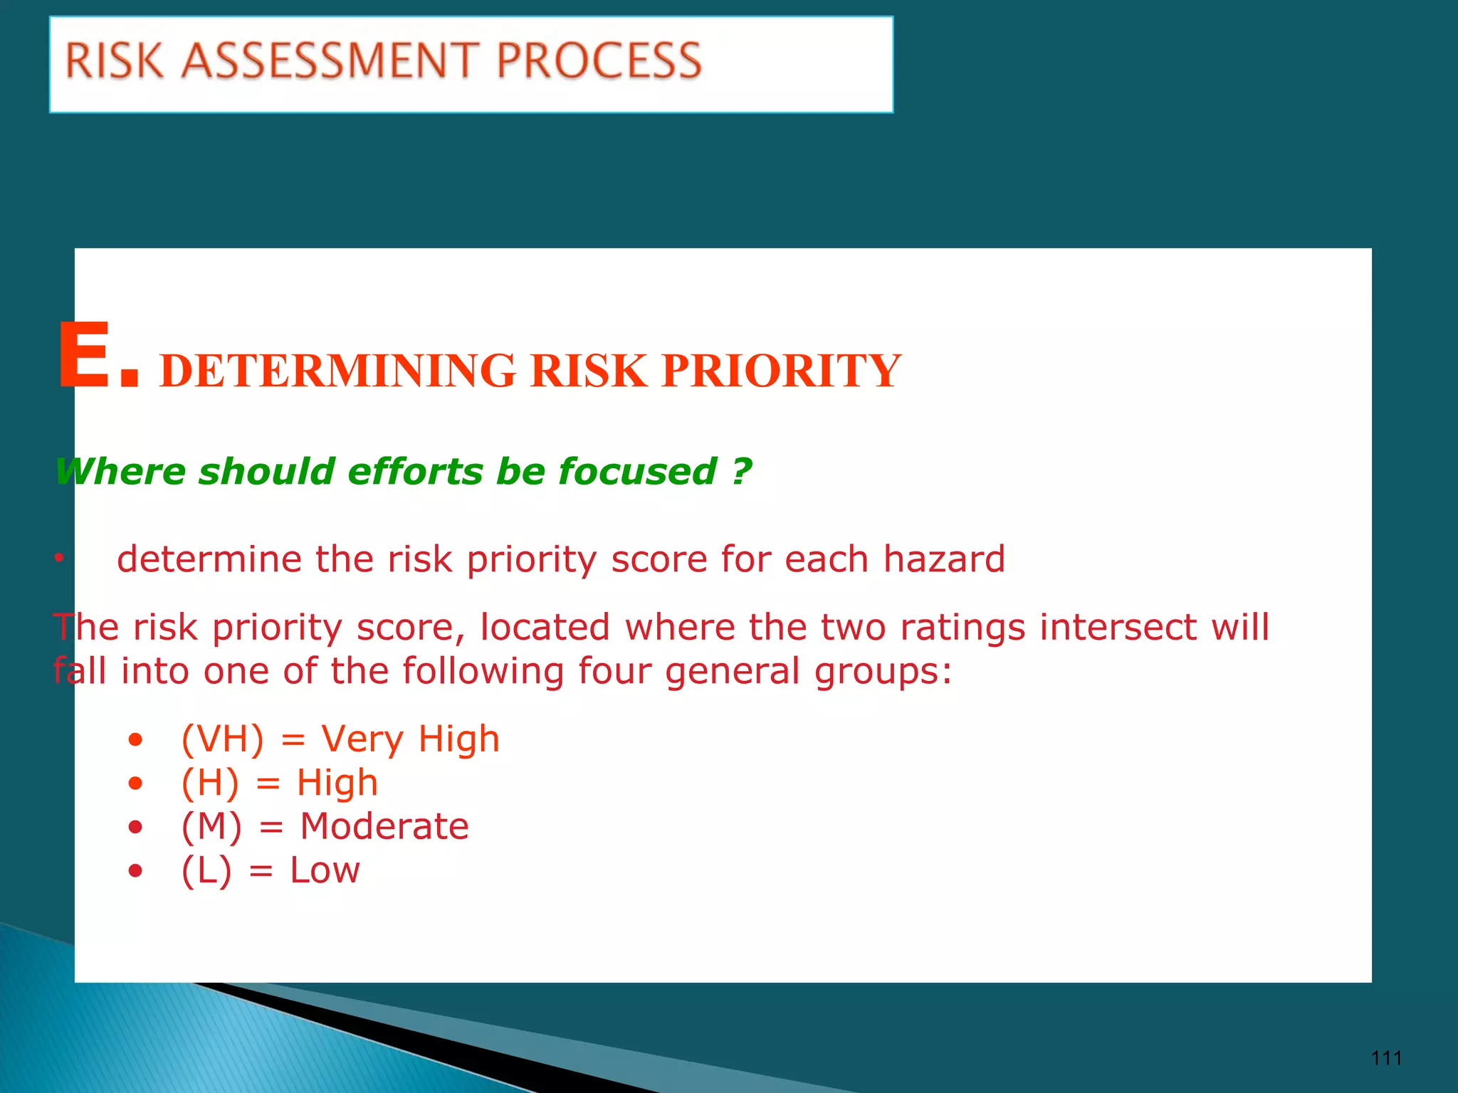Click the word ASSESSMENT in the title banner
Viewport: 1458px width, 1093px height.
click(330, 60)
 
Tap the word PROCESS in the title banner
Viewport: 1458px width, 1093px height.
click(599, 60)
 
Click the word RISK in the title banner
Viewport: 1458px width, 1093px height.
click(115, 60)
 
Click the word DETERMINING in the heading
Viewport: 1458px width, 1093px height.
click(338, 371)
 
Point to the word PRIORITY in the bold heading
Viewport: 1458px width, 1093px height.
click(781, 371)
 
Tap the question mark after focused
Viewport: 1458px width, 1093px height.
click(742, 471)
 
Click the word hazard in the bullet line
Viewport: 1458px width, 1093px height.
click(944, 559)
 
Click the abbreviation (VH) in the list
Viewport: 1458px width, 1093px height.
click(222, 739)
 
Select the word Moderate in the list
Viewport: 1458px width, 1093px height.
click(384, 827)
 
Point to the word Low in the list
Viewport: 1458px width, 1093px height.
click(325, 870)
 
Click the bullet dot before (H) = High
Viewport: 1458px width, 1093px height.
click(135, 784)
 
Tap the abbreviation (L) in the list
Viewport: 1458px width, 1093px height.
click(206, 870)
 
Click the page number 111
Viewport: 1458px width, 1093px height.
click(1386, 1058)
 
